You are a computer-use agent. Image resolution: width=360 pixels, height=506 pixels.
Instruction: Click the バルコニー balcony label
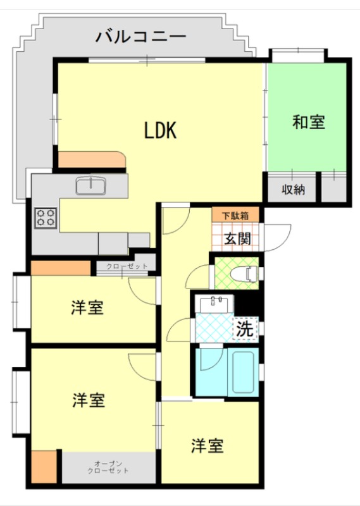[x=140, y=36]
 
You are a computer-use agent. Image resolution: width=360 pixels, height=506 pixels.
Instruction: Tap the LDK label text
[x=160, y=130]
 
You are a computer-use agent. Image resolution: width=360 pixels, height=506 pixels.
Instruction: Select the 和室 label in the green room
[x=308, y=121]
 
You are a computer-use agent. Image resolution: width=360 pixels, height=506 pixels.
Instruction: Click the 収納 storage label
[x=293, y=189]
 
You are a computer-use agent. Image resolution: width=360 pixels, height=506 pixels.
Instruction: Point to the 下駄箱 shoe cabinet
[x=235, y=215]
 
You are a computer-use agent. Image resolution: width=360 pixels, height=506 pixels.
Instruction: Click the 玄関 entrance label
[x=238, y=238]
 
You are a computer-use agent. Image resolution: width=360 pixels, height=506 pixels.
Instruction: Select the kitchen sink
[x=90, y=186]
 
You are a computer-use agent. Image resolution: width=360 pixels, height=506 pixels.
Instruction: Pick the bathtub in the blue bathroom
[x=243, y=371]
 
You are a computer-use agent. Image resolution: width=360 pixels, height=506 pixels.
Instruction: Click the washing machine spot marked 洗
[x=245, y=329]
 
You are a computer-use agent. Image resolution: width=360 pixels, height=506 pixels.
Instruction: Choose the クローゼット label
[x=127, y=266]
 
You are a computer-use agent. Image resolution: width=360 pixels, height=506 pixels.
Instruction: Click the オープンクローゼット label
[x=108, y=467]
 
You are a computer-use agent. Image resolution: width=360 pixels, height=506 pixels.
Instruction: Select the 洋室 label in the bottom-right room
[x=208, y=445]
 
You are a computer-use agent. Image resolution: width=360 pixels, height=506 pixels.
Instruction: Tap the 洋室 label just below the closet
[x=87, y=307]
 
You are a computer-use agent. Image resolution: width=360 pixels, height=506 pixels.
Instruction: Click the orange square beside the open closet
[x=44, y=467]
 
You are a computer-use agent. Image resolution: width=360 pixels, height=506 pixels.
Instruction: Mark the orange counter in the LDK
[x=92, y=160]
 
